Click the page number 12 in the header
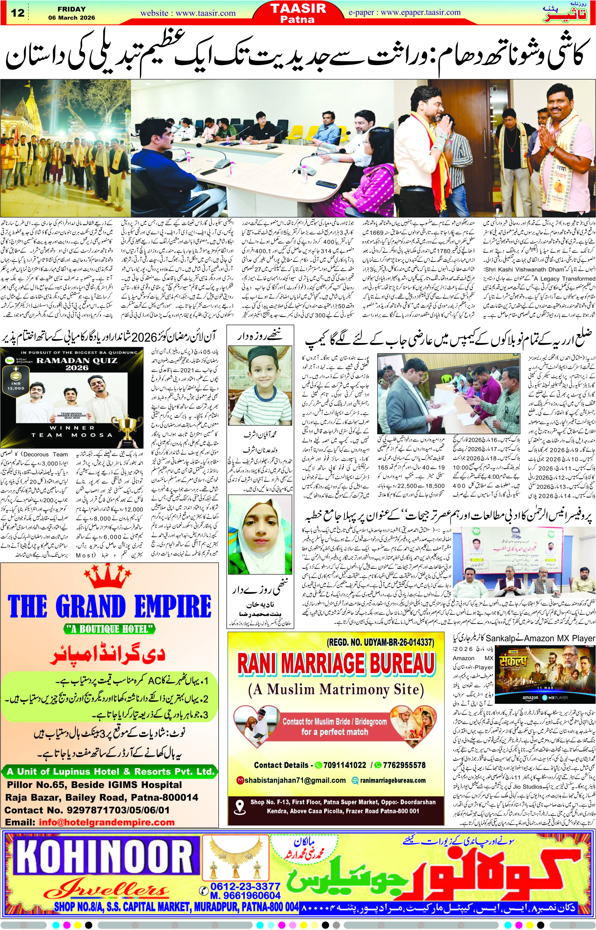pyautogui.click(x=18, y=13)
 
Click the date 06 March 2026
pyautogui.click(x=71, y=18)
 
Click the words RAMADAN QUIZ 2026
pyautogui.click(x=77, y=364)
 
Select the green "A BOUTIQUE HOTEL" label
pyautogui.click(x=109, y=629)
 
